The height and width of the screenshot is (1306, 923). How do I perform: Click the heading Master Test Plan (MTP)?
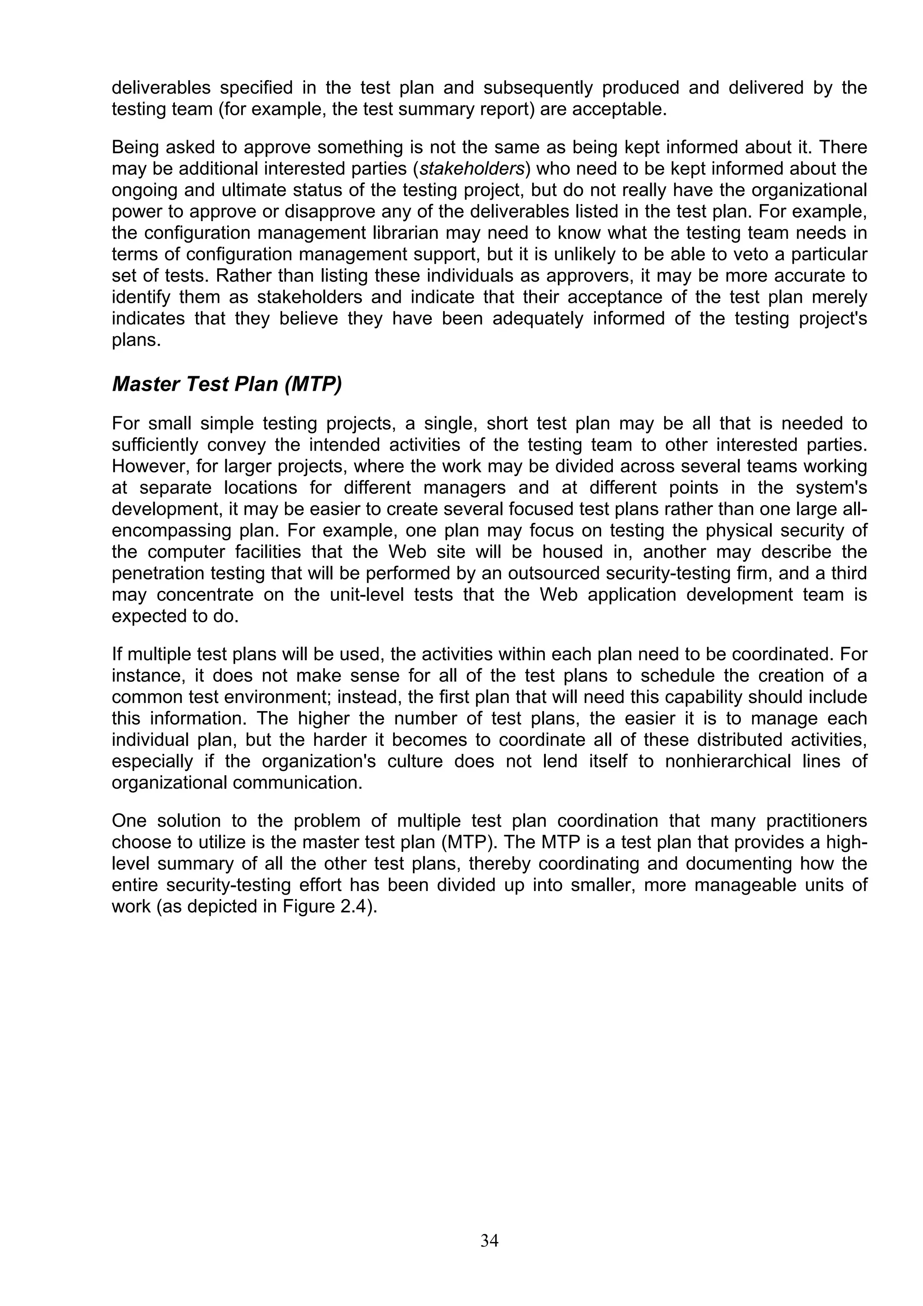click(226, 384)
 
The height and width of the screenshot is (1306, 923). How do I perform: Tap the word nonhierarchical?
click(728, 761)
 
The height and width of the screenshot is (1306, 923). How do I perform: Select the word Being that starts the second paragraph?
click(135, 148)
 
